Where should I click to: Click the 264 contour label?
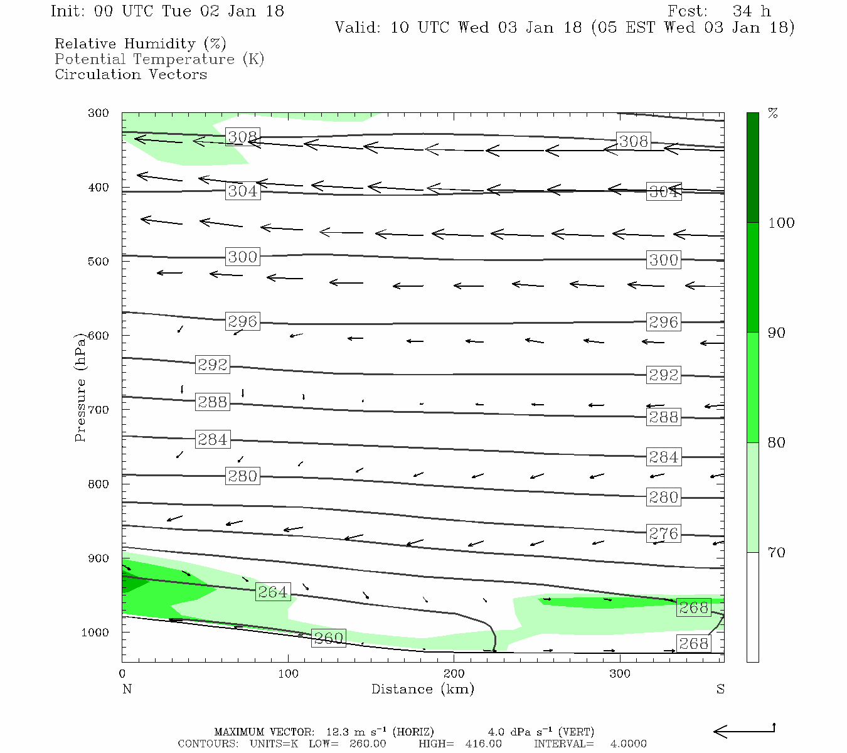pyautogui.click(x=273, y=592)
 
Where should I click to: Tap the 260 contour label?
pyautogui.click(x=328, y=638)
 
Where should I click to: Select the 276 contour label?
pyautogui.click(x=663, y=533)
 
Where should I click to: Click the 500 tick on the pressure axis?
pyautogui.click(x=99, y=262)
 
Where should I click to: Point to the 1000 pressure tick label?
pyautogui.click(x=95, y=633)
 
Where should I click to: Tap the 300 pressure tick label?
pyautogui.click(x=99, y=114)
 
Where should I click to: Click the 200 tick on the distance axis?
pyautogui.click(x=454, y=674)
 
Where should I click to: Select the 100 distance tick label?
pyautogui.click(x=289, y=674)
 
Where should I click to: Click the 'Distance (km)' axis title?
pyautogui.click(x=423, y=689)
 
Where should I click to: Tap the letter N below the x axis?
pyautogui.click(x=127, y=689)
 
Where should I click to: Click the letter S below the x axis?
pyautogui.click(x=720, y=689)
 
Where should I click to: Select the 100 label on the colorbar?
pyautogui.click(x=781, y=223)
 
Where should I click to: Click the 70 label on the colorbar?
pyautogui.click(x=777, y=553)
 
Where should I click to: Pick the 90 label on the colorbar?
pyautogui.click(x=777, y=333)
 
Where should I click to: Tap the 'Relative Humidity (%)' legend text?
pyautogui.click(x=141, y=44)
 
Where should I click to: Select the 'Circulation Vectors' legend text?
pyautogui.click(x=131, y=74)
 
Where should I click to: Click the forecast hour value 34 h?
pyautogui.click(x=752, y=11)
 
